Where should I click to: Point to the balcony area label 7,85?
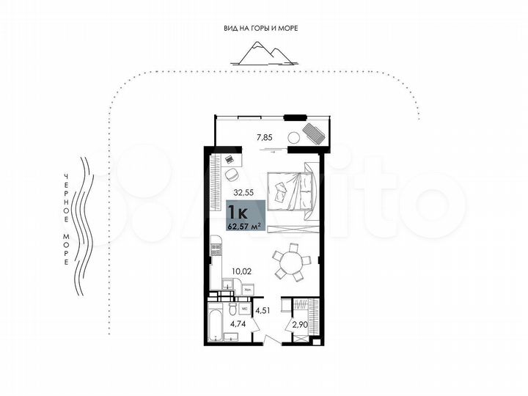264,136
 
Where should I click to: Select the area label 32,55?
243,194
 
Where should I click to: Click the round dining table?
291,263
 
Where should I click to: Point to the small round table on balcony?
294,136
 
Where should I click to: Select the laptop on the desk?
230,159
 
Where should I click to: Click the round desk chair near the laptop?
232,175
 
